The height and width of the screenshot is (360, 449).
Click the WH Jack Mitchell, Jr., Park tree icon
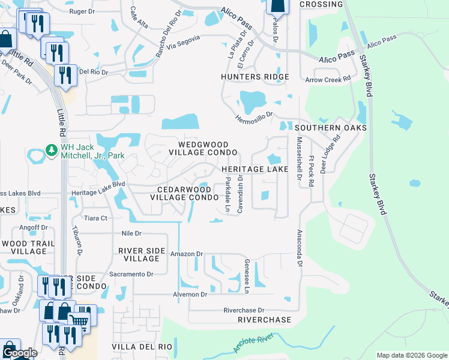point(52,149)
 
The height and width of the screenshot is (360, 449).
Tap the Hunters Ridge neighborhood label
point(255,77)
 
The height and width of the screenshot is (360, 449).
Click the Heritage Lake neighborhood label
point(255,170)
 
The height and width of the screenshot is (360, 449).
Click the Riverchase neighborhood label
point(264,320)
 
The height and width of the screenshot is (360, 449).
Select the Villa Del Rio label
point(142,347)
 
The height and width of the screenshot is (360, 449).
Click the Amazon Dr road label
point(186,254)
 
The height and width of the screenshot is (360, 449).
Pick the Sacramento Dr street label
point(131,274)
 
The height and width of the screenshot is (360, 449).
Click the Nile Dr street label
point(130,233)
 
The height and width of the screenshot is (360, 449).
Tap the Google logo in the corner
point(19,353)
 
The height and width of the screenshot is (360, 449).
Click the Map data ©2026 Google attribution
point(412,355)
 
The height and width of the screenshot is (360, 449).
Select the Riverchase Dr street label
point(244,310)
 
